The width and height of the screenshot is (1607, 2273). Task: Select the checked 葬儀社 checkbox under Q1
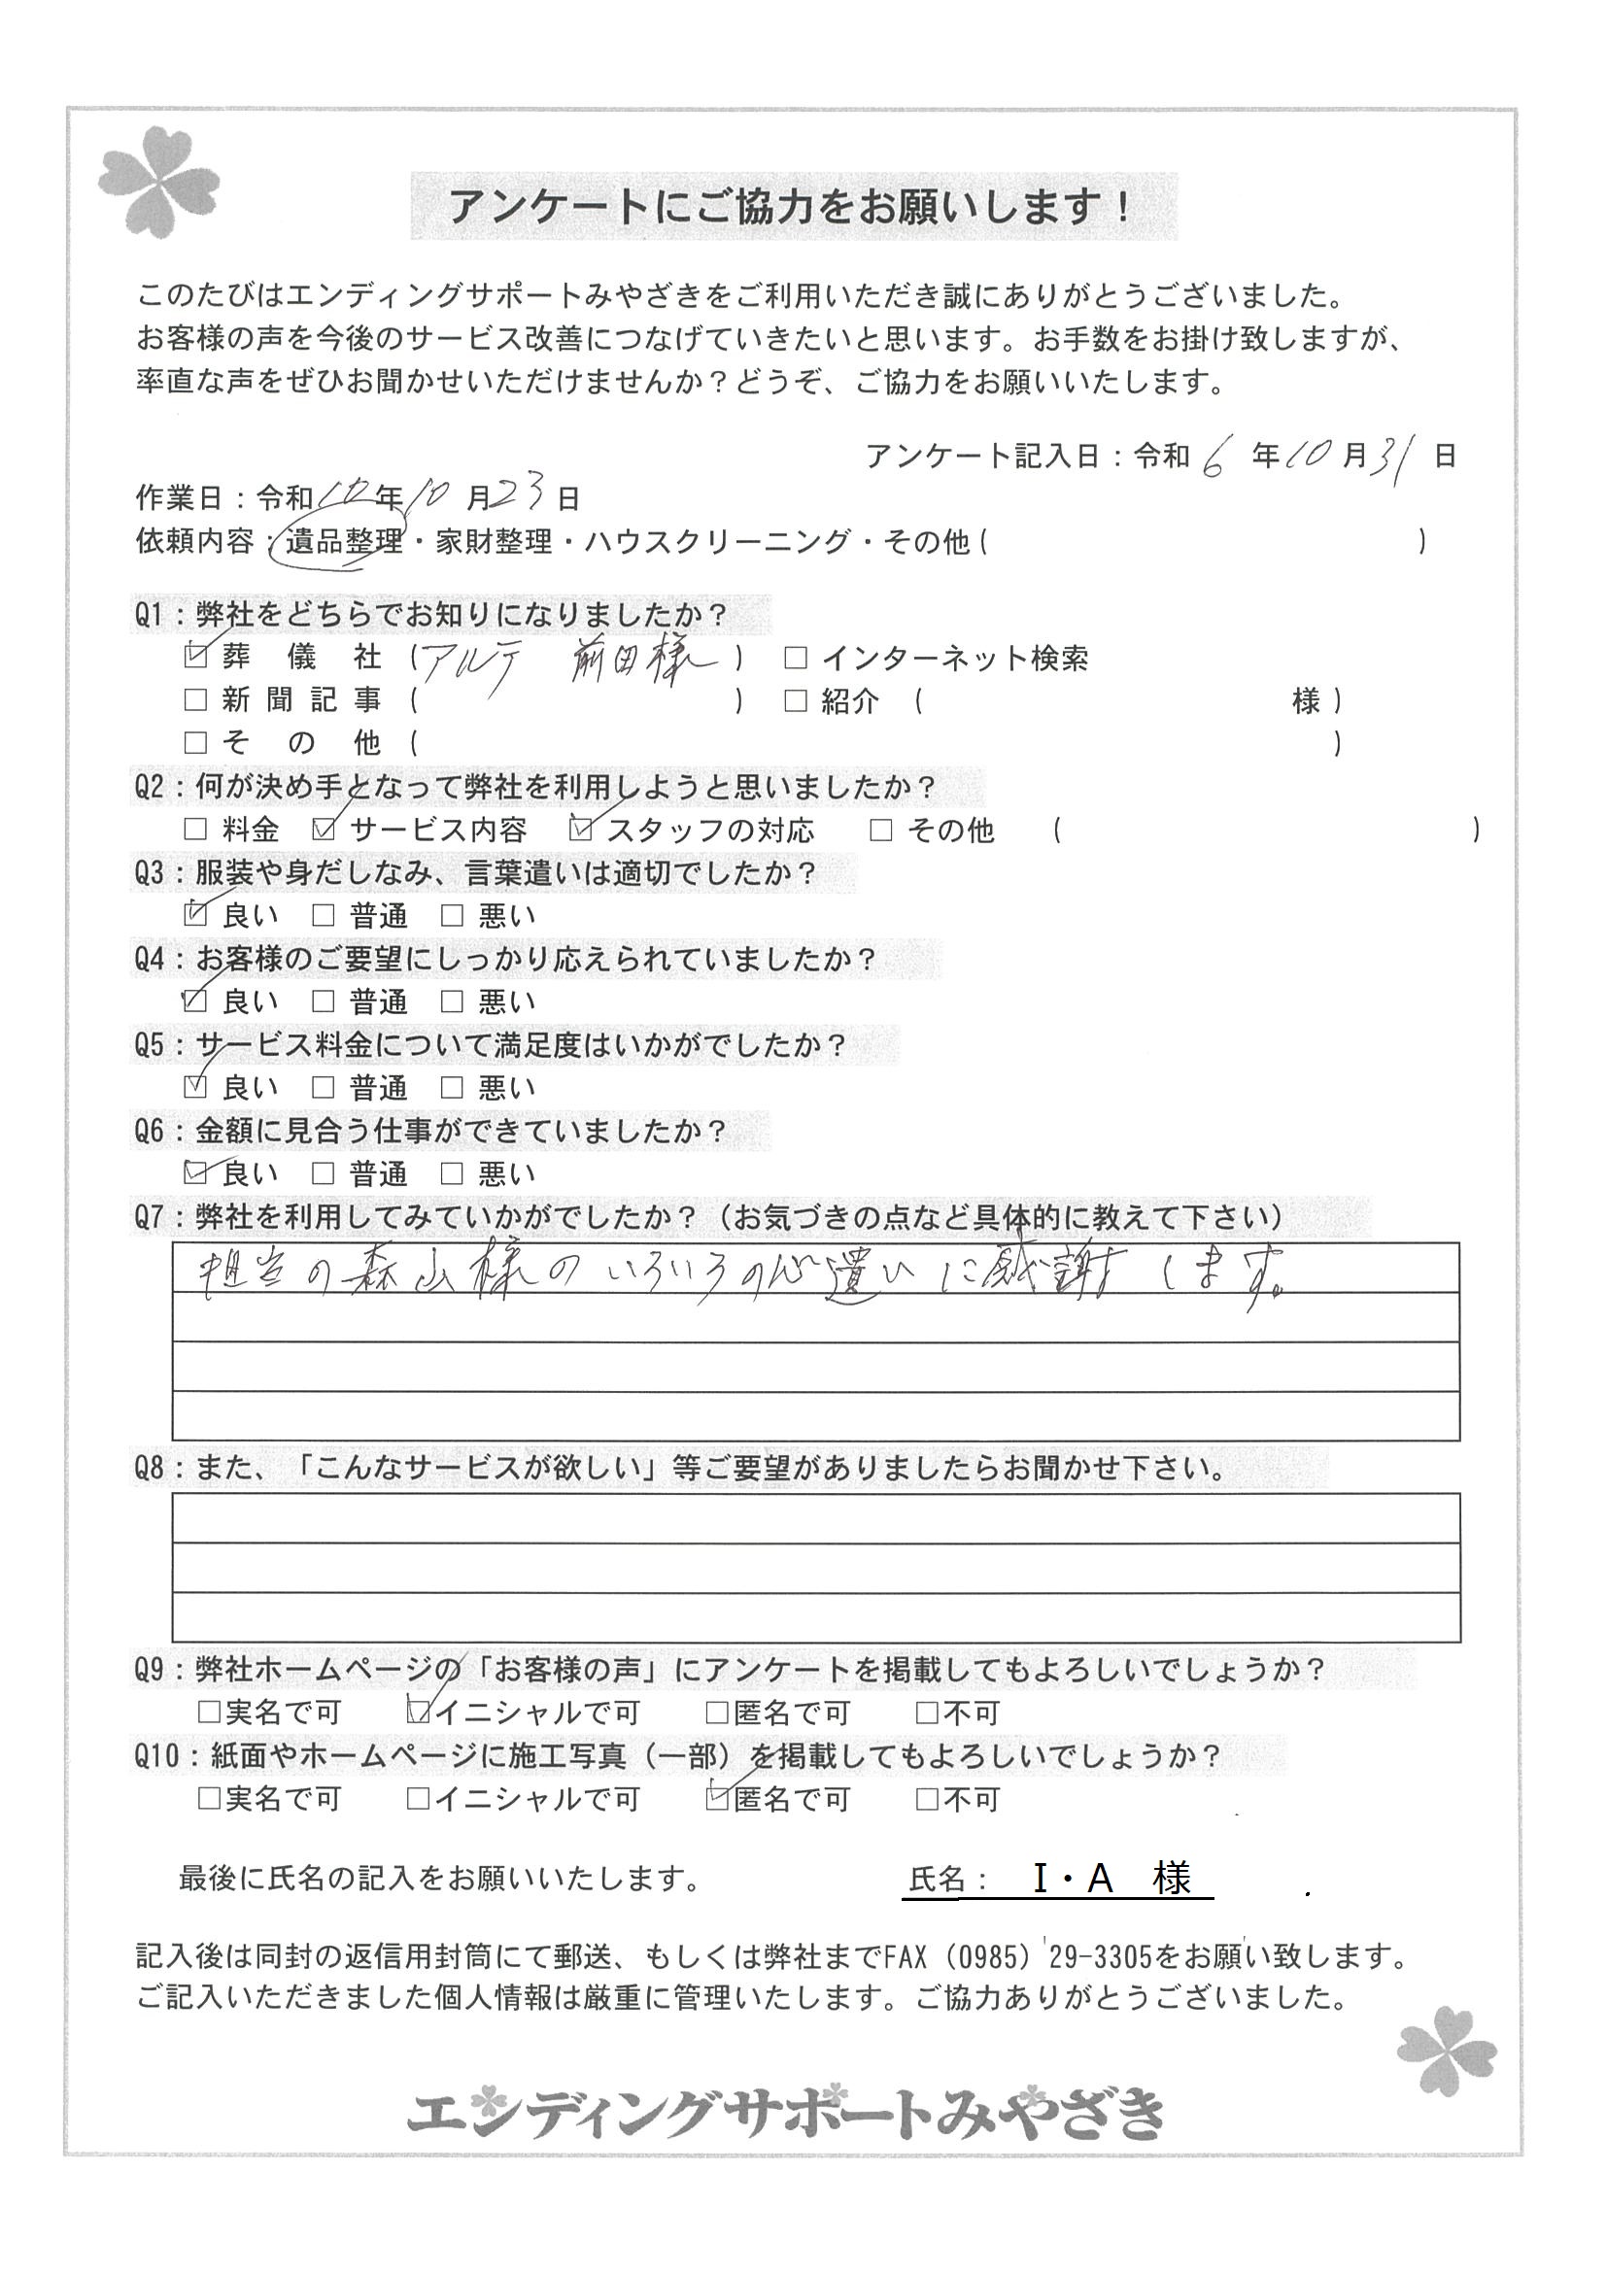[196, 656]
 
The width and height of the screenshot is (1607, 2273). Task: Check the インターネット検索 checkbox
[795, 658]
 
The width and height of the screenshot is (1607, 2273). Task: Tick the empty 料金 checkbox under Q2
[196, 830]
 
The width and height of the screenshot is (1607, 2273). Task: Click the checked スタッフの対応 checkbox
[582, 830]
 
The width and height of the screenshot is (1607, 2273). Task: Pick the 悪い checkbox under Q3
[452, 916]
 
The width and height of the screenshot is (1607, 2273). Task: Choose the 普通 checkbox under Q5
[323, 1088]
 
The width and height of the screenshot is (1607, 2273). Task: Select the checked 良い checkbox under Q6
[196, 1173]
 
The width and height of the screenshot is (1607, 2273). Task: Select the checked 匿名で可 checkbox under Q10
[717, 1799]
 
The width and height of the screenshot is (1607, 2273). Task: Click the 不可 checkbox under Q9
[928, 1711]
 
